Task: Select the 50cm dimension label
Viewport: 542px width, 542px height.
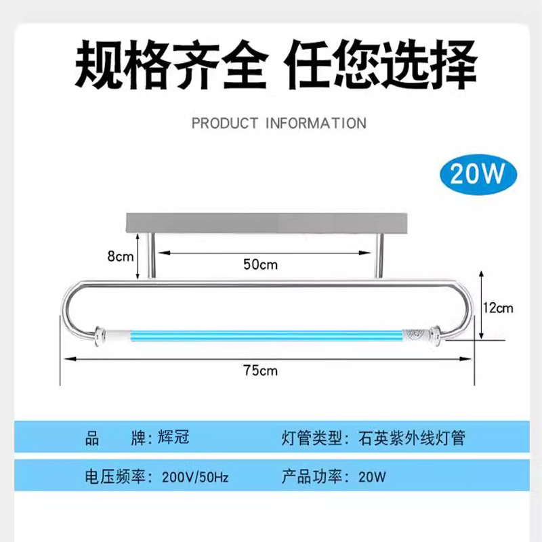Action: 260,264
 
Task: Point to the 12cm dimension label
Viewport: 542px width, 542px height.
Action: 499,308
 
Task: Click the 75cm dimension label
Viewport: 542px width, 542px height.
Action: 260,370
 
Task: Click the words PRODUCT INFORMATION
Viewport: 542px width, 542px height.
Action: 278,123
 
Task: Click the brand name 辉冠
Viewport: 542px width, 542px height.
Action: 172,438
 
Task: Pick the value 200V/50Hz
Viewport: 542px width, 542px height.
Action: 195,477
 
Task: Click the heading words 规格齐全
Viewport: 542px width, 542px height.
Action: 167,66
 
